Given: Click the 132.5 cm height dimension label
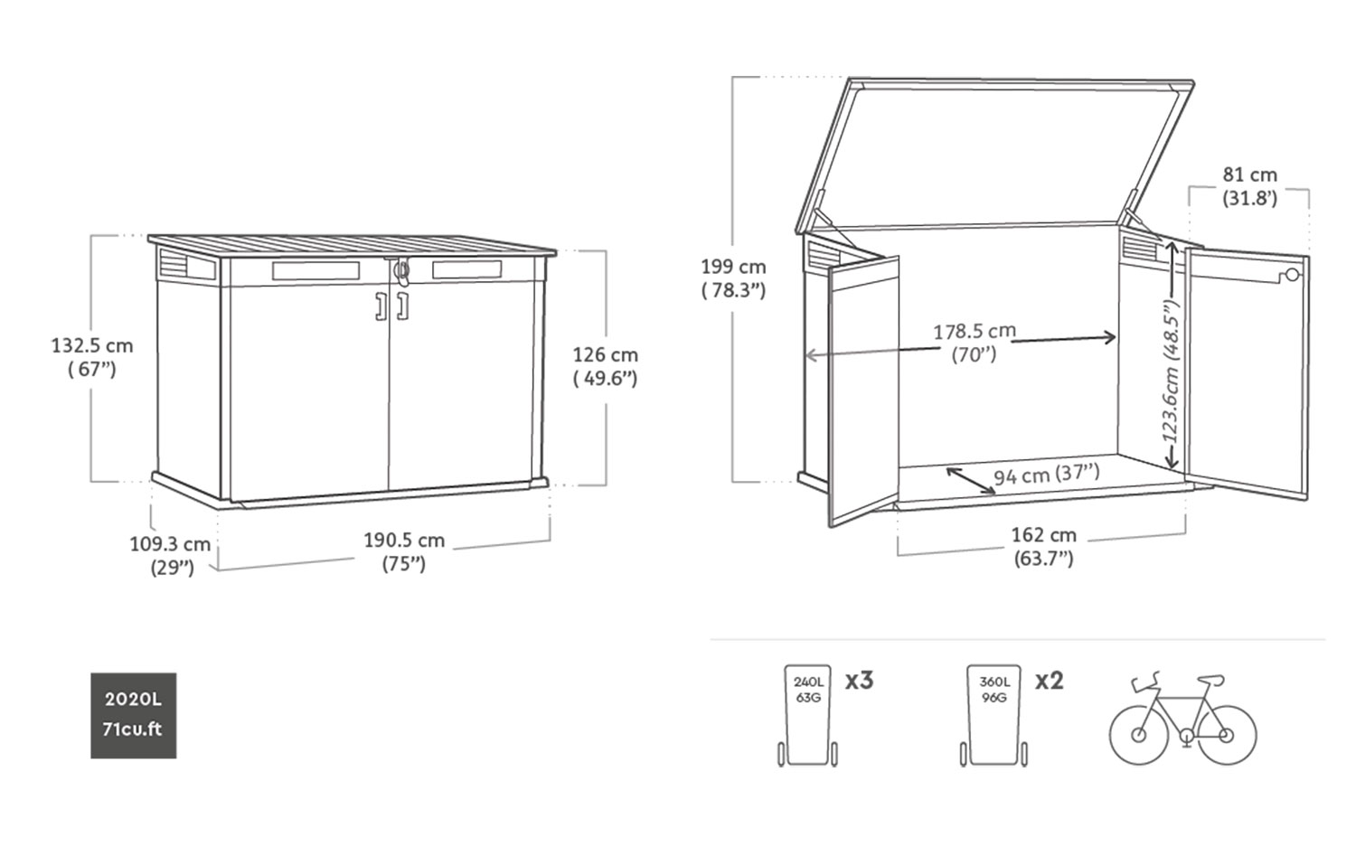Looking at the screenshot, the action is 92,357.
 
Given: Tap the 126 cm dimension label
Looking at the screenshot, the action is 606,366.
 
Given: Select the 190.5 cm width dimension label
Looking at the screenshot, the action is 404,551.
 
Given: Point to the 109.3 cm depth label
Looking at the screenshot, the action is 170,555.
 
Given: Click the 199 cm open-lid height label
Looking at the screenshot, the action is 733,278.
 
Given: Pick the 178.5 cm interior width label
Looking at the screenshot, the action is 974,343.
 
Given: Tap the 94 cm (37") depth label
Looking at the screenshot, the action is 1047,474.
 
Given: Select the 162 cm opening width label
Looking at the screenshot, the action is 1043,546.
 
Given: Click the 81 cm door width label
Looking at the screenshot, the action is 1249,186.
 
